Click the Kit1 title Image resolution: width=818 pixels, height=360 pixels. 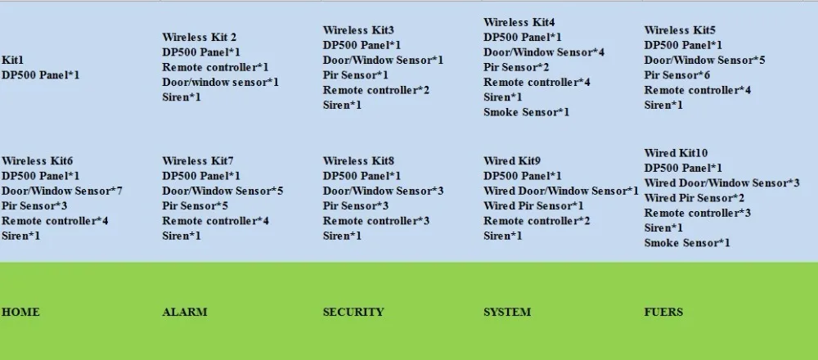pyautogui.click(x=13, y=61)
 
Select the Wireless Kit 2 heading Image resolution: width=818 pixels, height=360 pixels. pyautogui.click(x=200, y=38)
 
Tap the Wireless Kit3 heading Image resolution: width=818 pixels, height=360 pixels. pyautogui.click(x=358, y=30)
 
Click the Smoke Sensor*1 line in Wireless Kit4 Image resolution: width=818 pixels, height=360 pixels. pyautogui.click(x=526, y=112)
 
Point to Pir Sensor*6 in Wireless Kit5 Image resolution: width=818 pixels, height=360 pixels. pyautogui.click(x=677, y=75)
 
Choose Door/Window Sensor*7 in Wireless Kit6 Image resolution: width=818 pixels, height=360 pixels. pyautogui.click(x=62, y=191)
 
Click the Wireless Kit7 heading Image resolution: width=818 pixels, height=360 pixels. pyautogui.click(x=198, y=161)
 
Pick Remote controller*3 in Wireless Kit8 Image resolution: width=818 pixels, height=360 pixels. pyautogui.click(x=376, y=221)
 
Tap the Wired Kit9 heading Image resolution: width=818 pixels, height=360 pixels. pyautogui.click(x=512, y=161)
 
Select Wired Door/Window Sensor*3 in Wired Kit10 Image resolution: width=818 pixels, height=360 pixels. pyautogui.click(x=721, y=183)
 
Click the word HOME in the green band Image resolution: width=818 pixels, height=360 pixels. pyautogui.click(x=20, y=313)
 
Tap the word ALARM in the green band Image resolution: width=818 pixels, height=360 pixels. pyautogui.click(x=185, y=313)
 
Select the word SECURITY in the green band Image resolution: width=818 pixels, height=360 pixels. pyautogui.click(x=353, y=313)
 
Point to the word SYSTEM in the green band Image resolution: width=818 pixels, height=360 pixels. pyautogui.click(x=507, y=313)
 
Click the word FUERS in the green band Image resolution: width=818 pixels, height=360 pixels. pyautogui.click(x=663, y=313)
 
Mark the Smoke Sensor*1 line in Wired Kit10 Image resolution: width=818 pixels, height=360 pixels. pyautogui.click(x=687, y=243)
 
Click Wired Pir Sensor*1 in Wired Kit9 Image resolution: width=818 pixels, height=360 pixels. pyautogui.click(x=533, y=206)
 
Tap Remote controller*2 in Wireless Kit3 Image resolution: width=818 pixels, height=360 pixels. pyautogui.click(x=376, y=90)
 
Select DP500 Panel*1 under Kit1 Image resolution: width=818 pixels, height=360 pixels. pyautogui.click(x=41, y=75)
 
